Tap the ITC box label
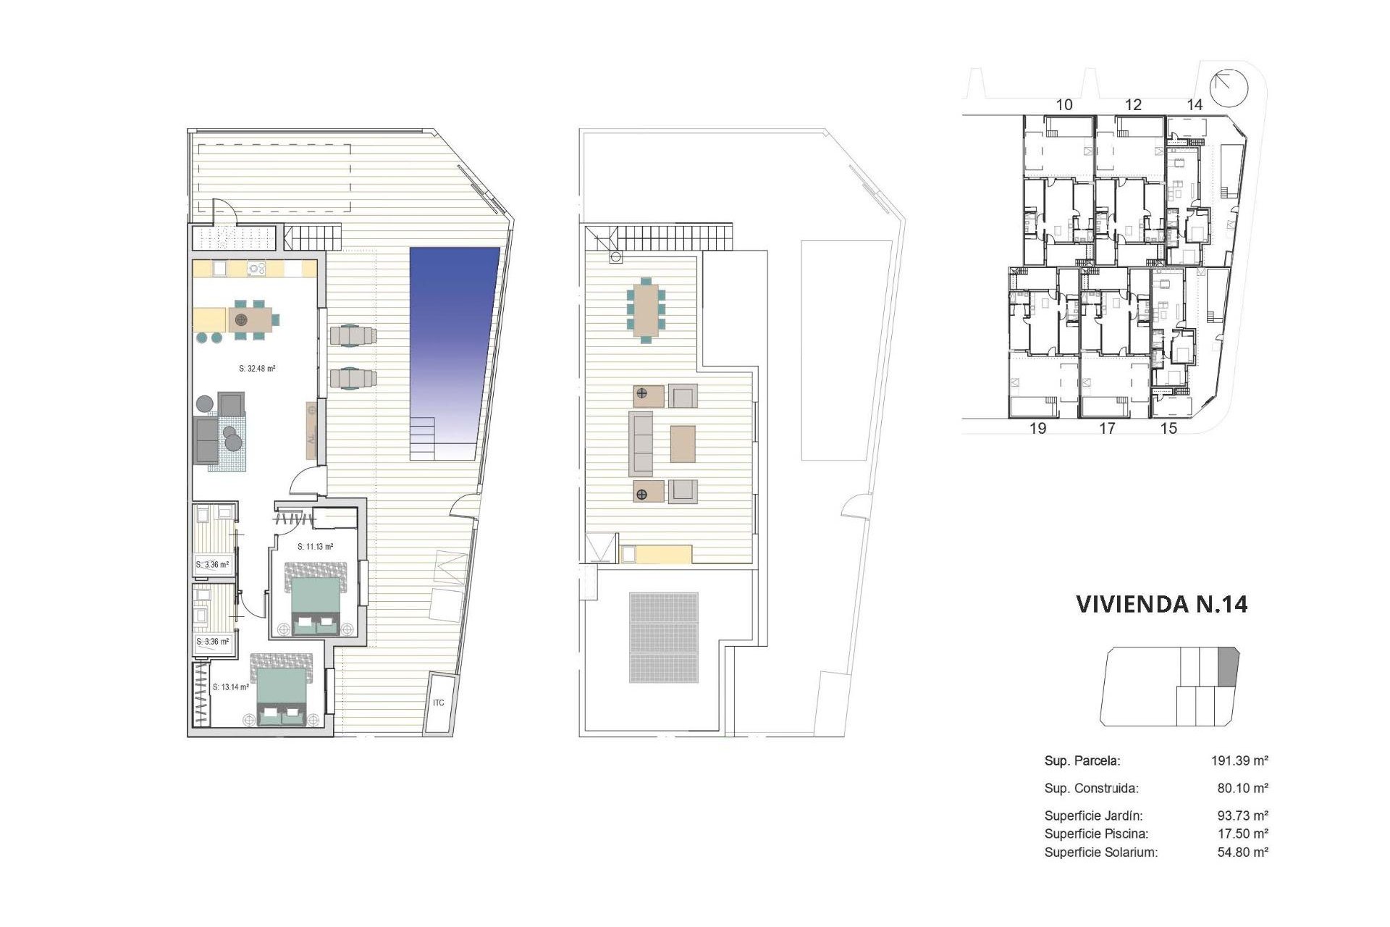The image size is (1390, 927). (x=439, y=703)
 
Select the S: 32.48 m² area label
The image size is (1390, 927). (x=257, y=369)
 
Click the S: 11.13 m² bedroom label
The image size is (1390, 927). (x=316, y=547)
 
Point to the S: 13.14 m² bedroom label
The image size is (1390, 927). (x=231, y=687)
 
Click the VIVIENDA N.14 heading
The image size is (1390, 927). (x=1161, y=604)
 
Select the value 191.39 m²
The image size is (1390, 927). (x=1239, y=760)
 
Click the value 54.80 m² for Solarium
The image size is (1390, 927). (x=1242, y=852)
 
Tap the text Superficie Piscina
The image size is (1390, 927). (x=1096, y=834)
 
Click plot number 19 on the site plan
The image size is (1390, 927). (x=1037, y=429)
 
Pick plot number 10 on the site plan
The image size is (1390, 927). (x=1063, y=105)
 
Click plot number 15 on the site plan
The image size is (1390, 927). (x=1168, y=429)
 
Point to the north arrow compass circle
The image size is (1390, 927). (x=1230, y=88)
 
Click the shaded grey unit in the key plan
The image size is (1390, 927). (x=1228, y=667)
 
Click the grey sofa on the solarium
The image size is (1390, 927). (x=641, y=443)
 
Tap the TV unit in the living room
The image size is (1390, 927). (x=311, y=430)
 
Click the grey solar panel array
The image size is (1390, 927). (x=664, y=637)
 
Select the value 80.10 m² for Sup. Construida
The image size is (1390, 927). (x=1242, y=788)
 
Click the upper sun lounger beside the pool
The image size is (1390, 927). (x=353, y=335)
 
